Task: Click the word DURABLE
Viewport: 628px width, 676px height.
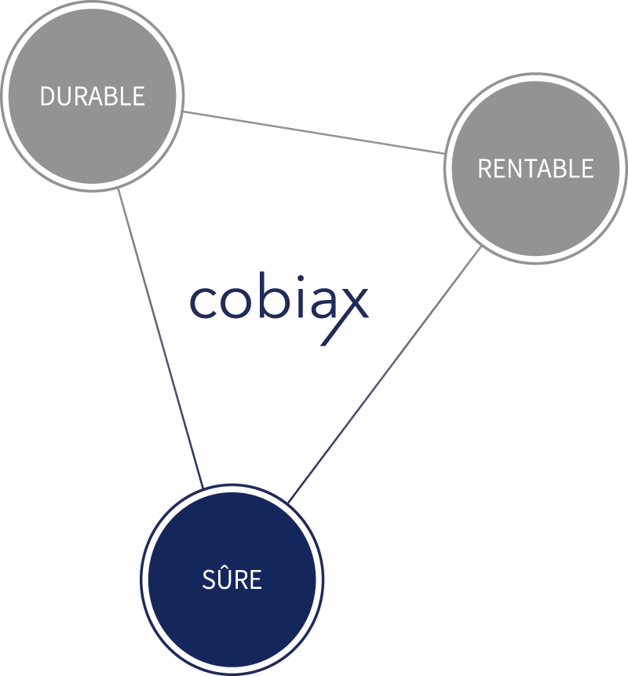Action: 93,97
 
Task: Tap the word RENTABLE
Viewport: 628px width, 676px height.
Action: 535,169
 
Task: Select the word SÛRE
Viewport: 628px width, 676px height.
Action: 232,580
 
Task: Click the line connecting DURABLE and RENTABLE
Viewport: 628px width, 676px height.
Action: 314,132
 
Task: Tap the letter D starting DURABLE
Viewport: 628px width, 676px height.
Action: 46,97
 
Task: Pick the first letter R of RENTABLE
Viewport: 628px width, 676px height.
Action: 484,169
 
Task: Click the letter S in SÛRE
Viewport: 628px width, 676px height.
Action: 208,581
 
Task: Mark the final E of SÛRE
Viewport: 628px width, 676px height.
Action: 255,581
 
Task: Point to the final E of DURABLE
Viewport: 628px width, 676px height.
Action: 139,97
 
